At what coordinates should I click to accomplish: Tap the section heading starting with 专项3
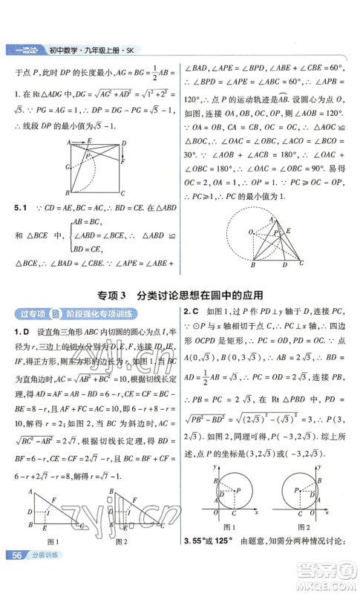(x=180, y=294)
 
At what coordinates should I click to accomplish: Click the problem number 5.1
(x=17, y=209)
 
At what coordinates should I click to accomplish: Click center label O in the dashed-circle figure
(x=251, y=231)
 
